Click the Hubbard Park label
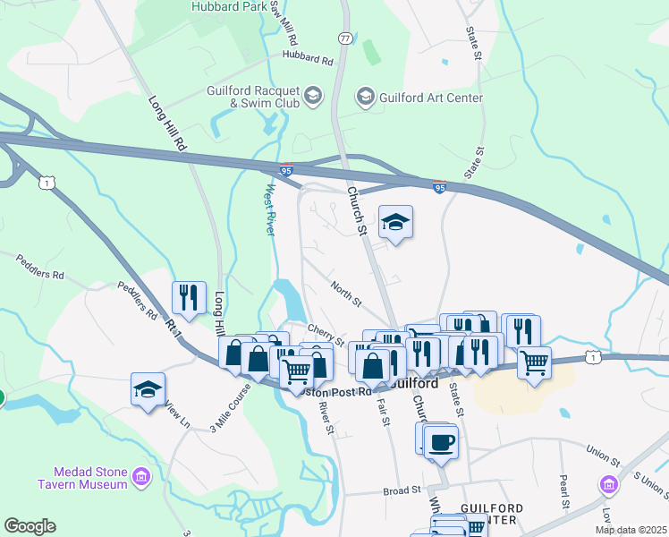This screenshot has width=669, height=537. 228,6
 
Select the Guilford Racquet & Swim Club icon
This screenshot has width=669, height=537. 313,95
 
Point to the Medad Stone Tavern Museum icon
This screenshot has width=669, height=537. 140,477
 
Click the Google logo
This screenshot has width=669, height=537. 30,526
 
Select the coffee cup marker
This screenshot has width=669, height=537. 440,441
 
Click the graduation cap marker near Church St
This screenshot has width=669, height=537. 395,222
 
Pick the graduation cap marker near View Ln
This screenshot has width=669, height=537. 148,389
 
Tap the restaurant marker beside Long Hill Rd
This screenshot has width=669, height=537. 189,297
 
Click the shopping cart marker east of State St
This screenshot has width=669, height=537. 534,362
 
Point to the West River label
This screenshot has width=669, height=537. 272,210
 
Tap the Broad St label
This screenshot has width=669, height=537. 402,490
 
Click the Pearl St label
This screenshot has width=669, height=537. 564,491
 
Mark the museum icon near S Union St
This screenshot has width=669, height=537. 609,485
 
